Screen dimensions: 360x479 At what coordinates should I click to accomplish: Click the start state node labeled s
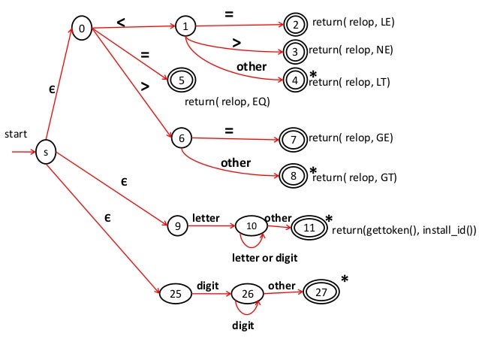[x=46, y=153]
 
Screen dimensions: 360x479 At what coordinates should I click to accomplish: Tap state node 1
[x=185, y=27]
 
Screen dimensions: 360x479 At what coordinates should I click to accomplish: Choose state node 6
[x=181, y=139]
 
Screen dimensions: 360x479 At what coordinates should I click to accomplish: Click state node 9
[x=178, y=225]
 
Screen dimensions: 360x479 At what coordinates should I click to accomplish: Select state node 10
[x=252, y=225]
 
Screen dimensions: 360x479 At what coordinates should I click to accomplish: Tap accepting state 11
[x=308, y=225]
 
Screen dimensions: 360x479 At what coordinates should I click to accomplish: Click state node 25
[x=175, y=294]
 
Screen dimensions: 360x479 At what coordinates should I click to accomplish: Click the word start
[x=16, y=135]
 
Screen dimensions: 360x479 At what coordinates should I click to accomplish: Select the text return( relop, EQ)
[x=227, y=100]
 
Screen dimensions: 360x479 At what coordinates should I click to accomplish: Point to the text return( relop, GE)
[x=351, y=138]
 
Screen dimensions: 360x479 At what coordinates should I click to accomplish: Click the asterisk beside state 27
[x=345, y=280]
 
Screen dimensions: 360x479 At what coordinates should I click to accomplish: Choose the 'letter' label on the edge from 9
[x=206, y=218]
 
